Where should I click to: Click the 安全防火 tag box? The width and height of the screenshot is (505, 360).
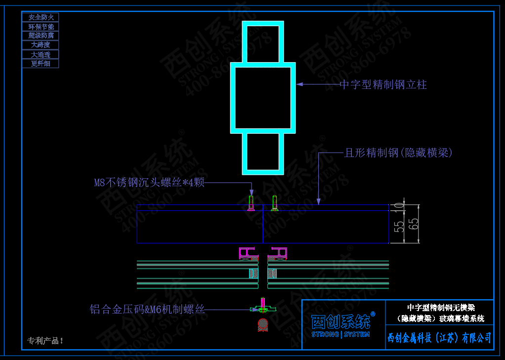(41, 17)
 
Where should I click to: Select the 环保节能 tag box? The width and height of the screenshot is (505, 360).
(41, 27)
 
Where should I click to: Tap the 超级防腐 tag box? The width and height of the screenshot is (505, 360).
(41, 36)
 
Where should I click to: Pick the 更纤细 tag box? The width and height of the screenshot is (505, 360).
(41, 64)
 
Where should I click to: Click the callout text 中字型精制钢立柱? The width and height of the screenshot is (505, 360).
(383, 85)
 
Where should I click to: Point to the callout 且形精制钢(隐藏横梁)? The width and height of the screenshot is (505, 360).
(398, 153)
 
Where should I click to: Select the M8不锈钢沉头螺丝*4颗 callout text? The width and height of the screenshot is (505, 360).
(149, 183)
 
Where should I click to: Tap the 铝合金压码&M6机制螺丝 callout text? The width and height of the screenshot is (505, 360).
(147, 310)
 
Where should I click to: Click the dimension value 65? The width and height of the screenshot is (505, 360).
(414, 224)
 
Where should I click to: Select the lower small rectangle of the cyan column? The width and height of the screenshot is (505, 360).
(263, 153)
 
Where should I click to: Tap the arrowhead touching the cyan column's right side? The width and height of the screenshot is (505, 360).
(300, 84)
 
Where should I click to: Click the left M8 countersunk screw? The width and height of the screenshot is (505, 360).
(251, 203)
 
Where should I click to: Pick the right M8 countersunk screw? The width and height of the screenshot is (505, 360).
(275, 203)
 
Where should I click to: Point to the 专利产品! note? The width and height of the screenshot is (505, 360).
(45, 341)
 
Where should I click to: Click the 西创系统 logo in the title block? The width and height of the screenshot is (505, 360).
(341, 323)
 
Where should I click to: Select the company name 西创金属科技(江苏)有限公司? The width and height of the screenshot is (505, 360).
(439, 338)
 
